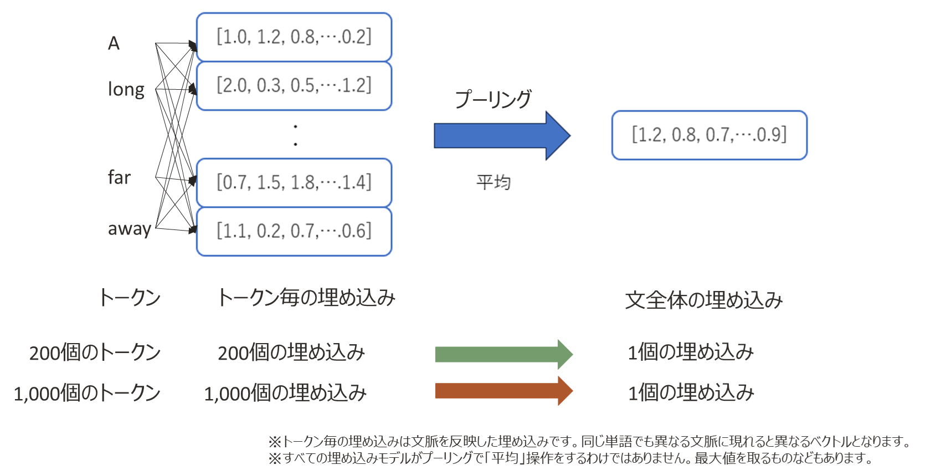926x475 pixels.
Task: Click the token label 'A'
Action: pyautogui.click(x=114, y=43)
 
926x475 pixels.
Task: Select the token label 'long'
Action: pyautogui.click(x=126, y=89)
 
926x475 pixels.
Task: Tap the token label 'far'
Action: pyautogui.click(x=119, y=177)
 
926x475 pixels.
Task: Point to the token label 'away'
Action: pyautogui.click(x=130, y=228)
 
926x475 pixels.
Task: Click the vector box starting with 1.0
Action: pyautogui.click(x=294, y=37)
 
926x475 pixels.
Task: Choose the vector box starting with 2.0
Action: pyautogui.click(x=294, y=86)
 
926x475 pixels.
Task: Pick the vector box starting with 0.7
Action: pyautogui.click(x=294, y=183)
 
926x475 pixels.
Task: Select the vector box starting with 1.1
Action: pyautogui.click(x=294, y=232)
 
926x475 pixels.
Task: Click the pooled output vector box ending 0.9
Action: pyautogui.click(x=709, y=135)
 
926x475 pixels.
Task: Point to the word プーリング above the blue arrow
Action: pyautogui.click(x=493, y=99)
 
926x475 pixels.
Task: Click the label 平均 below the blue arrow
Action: pyautogui.click(x=493, y=182)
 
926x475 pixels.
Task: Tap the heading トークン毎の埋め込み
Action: pyautogui.click(x=306, y=298)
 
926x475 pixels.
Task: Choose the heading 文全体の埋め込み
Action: pyautogui.click(x=704, y=300)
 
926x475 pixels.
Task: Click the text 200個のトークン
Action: pyautogui.click(x=95, y=353)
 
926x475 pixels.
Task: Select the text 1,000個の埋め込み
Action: pyautogui.click(x=285, y=393)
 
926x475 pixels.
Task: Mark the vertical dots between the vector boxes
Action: pyautogui.click(x=296, y=135)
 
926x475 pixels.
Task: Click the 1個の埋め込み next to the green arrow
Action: pyautogui.click(x=691, y=352)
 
